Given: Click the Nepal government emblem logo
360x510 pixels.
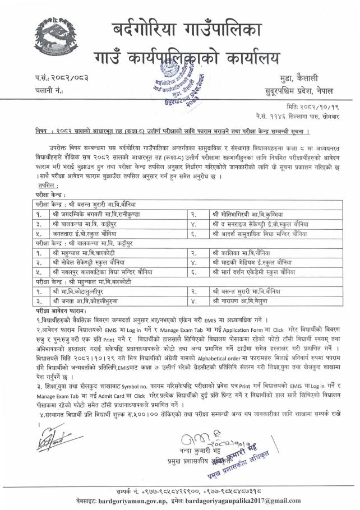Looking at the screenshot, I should [53, 34].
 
